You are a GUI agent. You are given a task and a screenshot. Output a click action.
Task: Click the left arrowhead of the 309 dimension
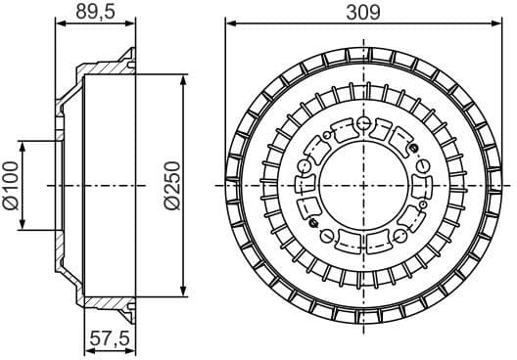(x=230, y=24)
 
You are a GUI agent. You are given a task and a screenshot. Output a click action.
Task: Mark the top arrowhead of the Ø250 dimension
(x=183, y=79)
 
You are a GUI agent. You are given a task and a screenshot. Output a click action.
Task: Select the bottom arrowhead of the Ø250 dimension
(x=183, y=290)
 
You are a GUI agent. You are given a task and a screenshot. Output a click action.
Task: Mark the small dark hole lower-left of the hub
(x=315, y=221)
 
